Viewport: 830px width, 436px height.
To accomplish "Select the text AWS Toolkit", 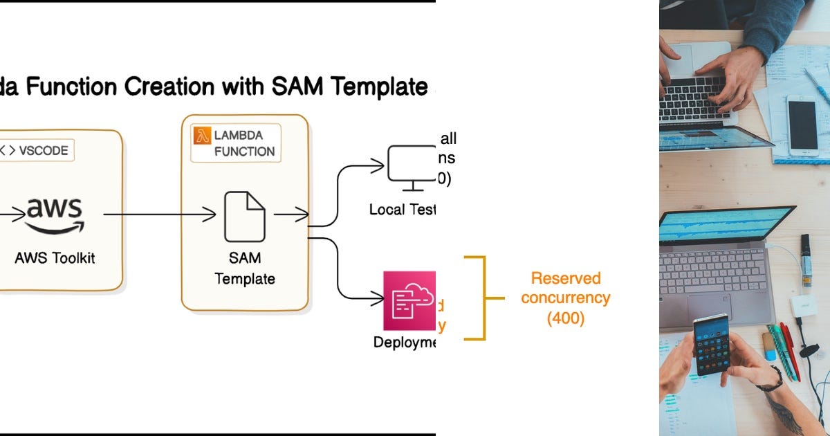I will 55,258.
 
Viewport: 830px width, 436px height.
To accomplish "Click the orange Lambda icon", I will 202,134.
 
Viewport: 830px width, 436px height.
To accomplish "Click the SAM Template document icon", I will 244,217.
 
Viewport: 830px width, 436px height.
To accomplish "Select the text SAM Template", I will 244,269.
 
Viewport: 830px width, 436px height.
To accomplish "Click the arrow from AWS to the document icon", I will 159,216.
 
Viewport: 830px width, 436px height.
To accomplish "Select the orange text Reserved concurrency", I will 565,288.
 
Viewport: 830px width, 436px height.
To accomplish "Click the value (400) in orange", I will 566,318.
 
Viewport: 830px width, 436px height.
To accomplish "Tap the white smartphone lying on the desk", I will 802,125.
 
